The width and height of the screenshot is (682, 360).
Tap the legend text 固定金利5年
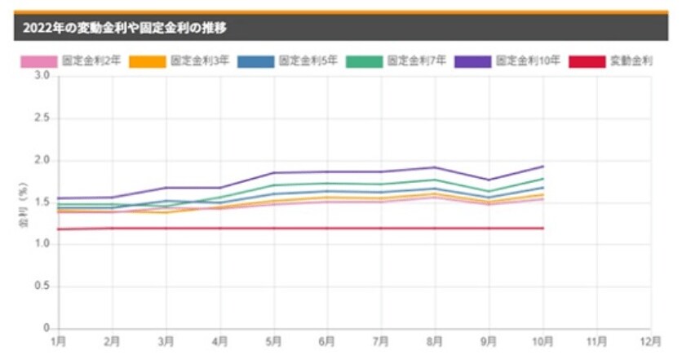coord(308,61)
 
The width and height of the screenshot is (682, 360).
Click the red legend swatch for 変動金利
coord(587,61)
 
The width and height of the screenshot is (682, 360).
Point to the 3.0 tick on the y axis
coord(43,76)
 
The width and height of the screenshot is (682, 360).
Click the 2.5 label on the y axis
coord(43,118)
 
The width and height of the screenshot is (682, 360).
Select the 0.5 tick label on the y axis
coord(43,287)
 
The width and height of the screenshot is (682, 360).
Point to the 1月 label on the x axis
coord(59,340)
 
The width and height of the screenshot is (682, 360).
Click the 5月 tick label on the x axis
coord(274,340)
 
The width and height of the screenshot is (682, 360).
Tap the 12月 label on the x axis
coord(650,340)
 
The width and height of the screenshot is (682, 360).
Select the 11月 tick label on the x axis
coord(596,340)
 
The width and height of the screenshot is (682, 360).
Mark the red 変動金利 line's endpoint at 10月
coord(543,228)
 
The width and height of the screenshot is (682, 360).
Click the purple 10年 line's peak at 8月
coord(436,167)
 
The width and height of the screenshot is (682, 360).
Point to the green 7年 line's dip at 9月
coord(489,192)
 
